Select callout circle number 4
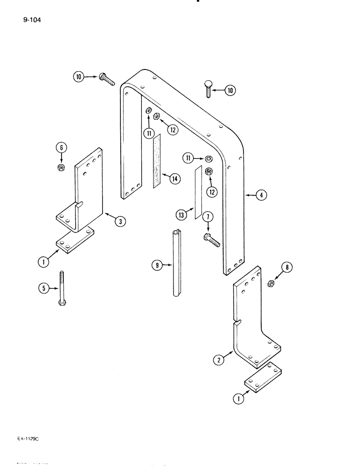[262, 196]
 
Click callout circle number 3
[120, 222]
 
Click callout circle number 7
[208, 217]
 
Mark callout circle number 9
[158, 266]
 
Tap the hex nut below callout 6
[61, 167]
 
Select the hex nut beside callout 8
[270, 283]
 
